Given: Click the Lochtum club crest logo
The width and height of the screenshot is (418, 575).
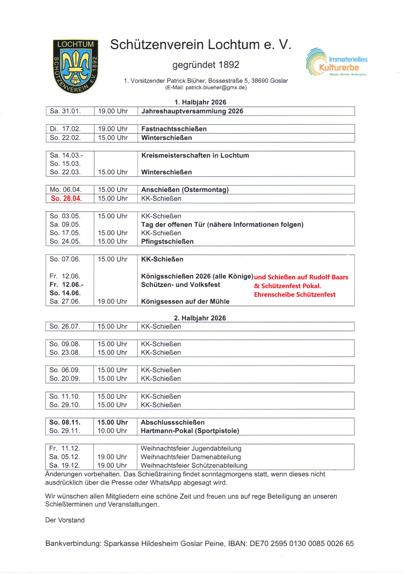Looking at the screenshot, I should pos(75,66).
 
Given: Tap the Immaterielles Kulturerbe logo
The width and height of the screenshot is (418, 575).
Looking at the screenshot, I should pos(337,62).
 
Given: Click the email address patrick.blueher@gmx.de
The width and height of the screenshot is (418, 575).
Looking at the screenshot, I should pos(215,87).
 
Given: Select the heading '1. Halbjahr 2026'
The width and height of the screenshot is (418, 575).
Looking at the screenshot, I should pos(200,102).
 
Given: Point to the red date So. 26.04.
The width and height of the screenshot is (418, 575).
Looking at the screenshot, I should pos(66,199).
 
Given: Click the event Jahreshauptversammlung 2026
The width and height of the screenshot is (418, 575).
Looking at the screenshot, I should pos(192,111).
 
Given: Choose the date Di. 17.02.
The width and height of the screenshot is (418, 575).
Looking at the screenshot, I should pos(65,129).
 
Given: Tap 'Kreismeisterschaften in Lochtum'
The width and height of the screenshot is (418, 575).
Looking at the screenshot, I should pos(195,155).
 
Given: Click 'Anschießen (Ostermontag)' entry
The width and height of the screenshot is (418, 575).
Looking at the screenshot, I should pos(185,190).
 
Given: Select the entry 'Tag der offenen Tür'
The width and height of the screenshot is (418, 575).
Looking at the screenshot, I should pos(222,225).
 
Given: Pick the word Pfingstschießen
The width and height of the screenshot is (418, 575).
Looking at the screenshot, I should pos(167,241).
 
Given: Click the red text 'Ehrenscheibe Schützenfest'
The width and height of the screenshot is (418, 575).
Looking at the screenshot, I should pos(295,295).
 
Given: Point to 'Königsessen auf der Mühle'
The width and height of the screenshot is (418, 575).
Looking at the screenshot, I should pos(185,302).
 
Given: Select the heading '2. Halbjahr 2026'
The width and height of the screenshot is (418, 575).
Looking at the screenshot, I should pos(200,318).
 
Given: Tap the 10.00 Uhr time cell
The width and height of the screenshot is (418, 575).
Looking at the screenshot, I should pos(112,431).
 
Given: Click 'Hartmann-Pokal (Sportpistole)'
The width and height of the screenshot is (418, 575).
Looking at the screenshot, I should pos(190,431).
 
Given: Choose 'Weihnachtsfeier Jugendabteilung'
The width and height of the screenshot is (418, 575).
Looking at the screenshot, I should pos(191,448).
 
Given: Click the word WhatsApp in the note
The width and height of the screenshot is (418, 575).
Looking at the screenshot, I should pos(166,482).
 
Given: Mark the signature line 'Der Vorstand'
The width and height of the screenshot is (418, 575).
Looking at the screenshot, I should pos(65,520).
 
